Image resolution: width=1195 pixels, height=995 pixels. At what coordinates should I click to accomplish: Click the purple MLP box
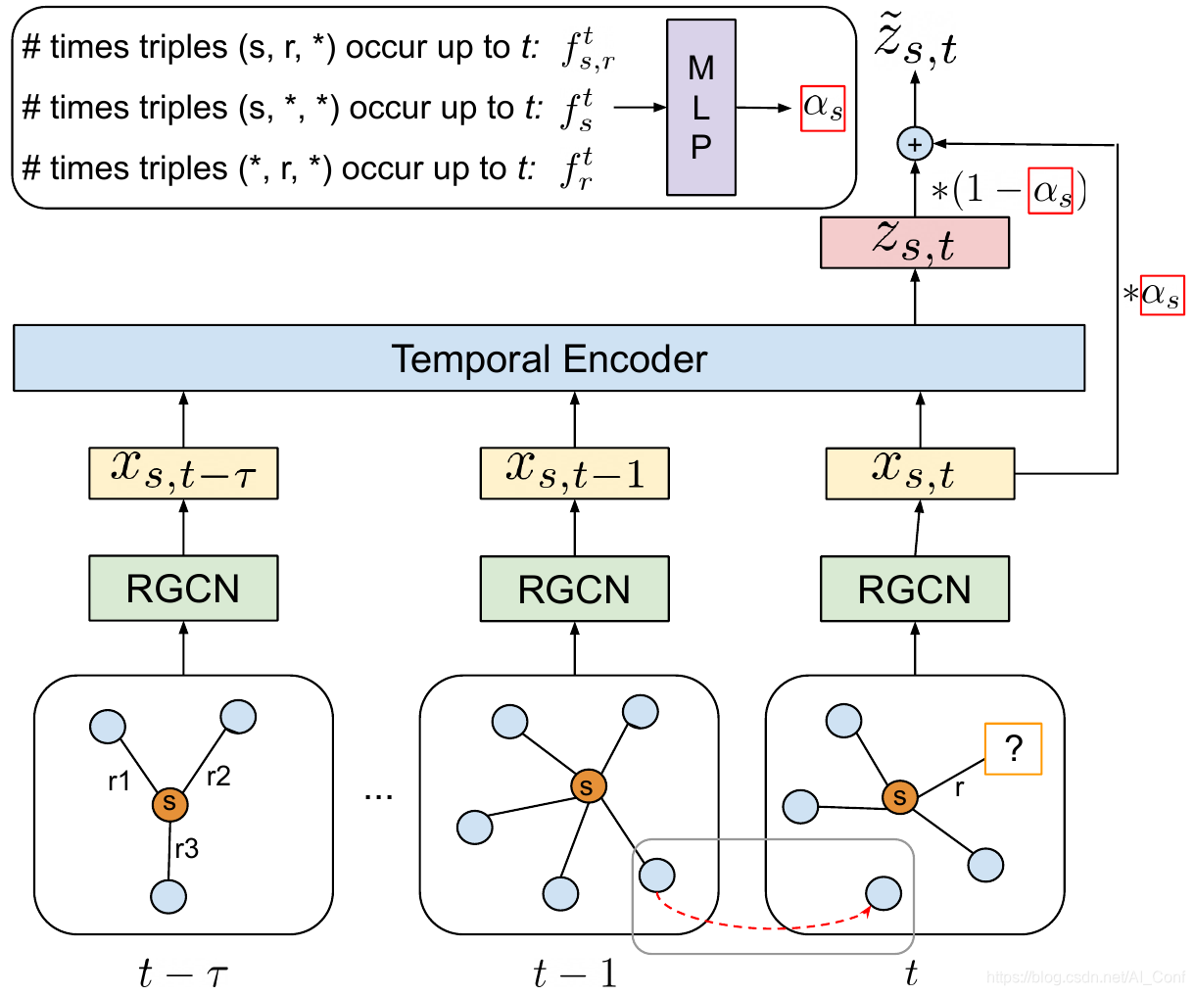click(700, 107)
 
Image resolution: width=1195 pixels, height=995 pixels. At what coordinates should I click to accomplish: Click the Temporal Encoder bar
click(549, 357)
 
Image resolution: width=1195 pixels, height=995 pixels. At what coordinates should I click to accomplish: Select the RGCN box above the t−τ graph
click(183, 588)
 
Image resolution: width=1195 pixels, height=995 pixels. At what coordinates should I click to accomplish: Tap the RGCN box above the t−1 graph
click(574, 589)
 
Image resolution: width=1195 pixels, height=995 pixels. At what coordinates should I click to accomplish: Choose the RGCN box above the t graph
click(914, 589)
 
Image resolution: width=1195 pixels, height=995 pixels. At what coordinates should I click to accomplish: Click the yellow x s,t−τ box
click(183, 473)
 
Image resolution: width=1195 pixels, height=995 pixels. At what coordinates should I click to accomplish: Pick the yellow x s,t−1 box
click(574, 473)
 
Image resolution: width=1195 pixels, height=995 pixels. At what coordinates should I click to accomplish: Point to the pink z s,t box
click(914, 242)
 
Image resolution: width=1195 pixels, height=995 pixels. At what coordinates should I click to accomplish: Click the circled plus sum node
click(915, 144)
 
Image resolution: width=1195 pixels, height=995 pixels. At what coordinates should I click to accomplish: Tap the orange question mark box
click(1013, 748)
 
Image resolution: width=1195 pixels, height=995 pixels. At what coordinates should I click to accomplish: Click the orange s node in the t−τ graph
click(169, 803)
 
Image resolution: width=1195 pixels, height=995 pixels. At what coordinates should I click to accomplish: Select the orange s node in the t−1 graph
click(588, 786)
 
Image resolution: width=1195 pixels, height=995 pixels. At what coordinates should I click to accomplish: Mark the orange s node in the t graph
click(899, 796)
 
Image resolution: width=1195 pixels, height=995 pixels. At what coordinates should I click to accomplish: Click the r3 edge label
click(186, 848)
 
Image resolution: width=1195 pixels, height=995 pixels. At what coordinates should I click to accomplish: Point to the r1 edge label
click(119, 781)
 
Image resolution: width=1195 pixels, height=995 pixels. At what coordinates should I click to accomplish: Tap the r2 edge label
click(218, 777)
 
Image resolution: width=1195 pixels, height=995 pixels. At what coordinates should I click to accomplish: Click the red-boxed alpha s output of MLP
click(823, 108)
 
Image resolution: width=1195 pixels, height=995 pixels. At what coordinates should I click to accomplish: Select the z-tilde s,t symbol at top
click(916, 40)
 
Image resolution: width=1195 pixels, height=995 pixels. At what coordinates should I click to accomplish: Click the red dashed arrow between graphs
click(761, 926)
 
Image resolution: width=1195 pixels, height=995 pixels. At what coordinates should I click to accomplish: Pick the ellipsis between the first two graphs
click(378, 796)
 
